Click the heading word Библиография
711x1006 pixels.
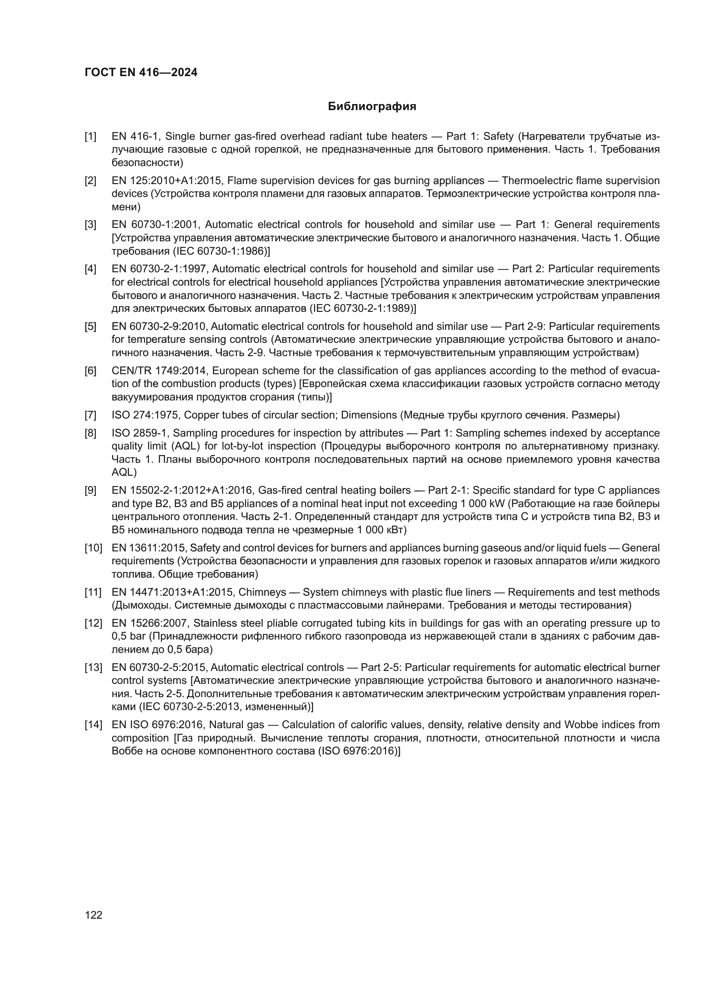[372, 107]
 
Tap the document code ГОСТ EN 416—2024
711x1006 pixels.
[141, 72]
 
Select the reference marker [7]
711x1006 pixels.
[90, 415]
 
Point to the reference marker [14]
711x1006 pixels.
[93, 725]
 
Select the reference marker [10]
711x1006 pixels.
[93, 548]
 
